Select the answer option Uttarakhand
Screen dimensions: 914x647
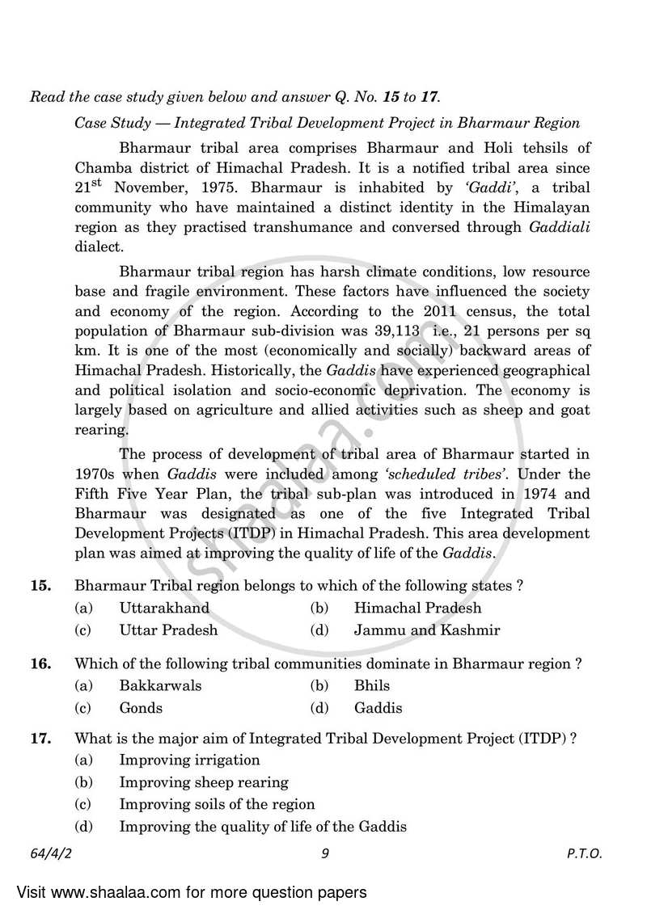pyautogui.click(x=164, y=608)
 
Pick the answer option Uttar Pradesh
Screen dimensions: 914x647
pyautogui.click(x=168, y=630)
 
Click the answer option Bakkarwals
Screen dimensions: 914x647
pyautogui.click(x=160, y=685)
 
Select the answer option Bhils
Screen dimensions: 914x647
pyautogui.click(x=372, y=685)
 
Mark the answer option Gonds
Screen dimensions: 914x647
pyautogui.click(x=141, y=708)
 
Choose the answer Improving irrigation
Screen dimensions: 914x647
pyautogui.click(x=189, y=760)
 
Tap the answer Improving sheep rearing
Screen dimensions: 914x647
pyautogui.click(x=204, y=782)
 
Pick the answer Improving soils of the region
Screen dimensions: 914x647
pyautogui.click(x=217, y=805)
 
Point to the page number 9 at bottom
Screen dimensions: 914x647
pyautogui.click(x=323, y=853)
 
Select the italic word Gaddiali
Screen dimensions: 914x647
pyautogui.click(x=560, y=228)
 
